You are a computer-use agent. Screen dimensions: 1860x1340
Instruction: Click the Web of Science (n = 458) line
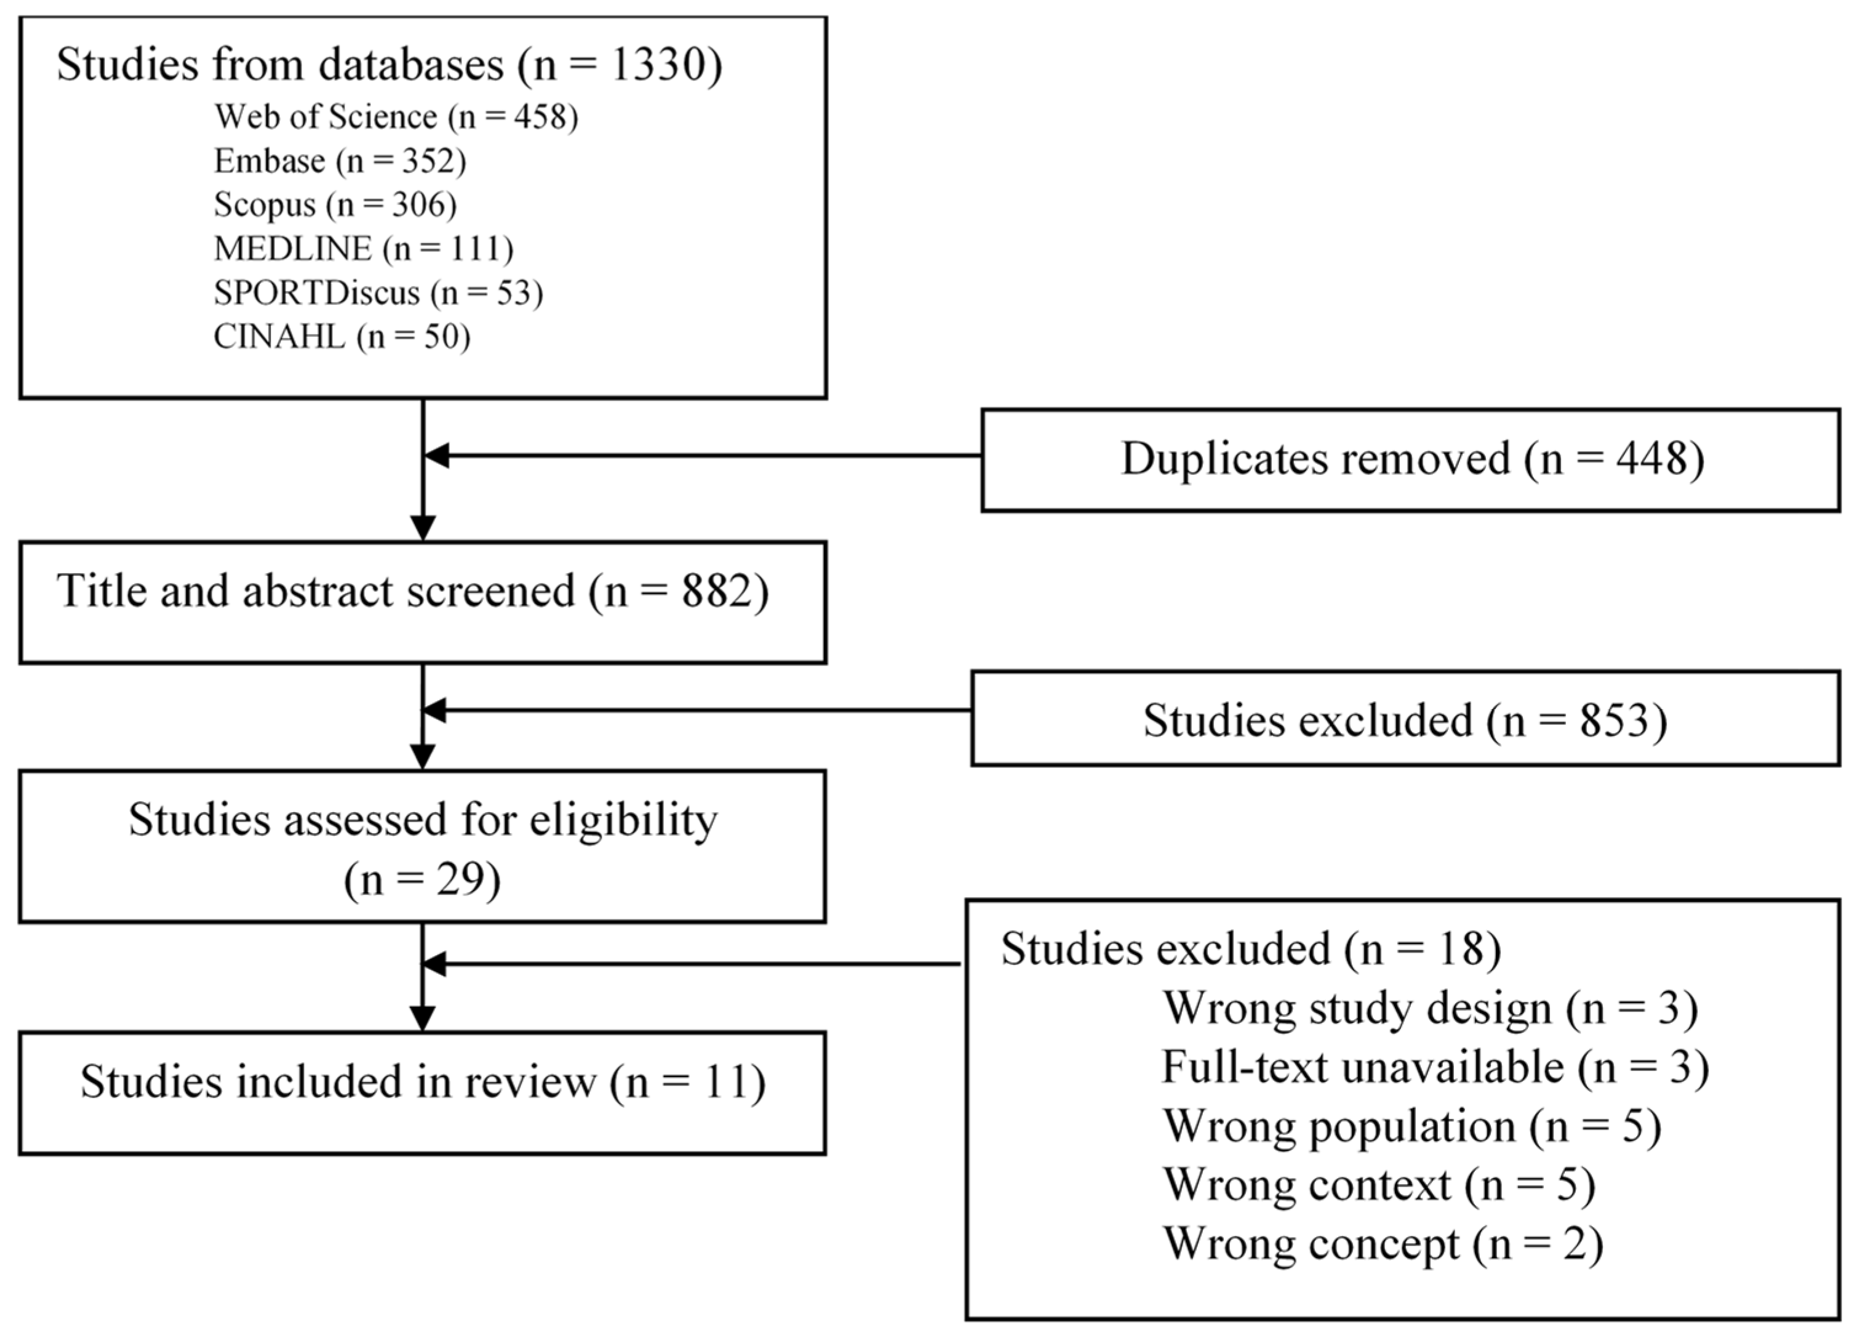396,118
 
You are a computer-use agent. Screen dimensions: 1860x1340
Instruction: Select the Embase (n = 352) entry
340,161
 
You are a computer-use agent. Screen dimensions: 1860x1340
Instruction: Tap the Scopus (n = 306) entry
335,205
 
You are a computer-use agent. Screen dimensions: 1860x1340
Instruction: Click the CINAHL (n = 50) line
342,336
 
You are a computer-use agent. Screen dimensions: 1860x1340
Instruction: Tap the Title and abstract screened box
422,602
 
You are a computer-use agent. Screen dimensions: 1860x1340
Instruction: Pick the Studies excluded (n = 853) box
1406,719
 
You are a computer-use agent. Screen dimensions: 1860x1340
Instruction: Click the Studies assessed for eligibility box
422,846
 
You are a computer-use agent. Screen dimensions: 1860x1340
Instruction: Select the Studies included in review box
422,1093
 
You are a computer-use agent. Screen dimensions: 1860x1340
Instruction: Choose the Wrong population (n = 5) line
1412,1126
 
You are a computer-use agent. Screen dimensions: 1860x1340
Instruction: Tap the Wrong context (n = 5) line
1379,1185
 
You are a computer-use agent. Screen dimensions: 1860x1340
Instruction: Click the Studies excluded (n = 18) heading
1251,950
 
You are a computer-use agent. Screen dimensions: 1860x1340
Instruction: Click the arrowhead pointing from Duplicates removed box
436,456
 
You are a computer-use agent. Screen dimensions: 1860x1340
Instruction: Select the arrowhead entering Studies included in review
422,1019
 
